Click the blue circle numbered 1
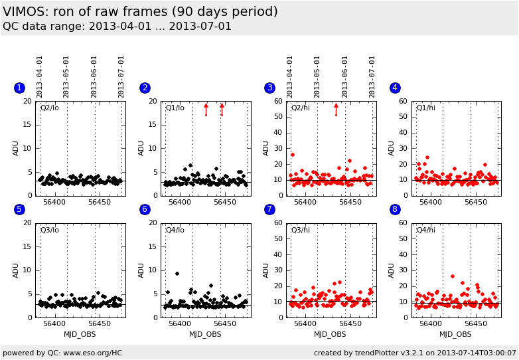[19, 88]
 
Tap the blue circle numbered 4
[395, 88]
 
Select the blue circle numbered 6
[145, 209]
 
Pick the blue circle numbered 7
[269, 209]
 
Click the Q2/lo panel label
[49, 108]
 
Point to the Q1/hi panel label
[425, 108]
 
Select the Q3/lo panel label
[49, 230]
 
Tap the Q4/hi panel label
[425, 230]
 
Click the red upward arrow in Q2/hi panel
[336, 109]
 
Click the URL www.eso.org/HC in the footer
[90, 353]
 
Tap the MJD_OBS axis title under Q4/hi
[456, 334]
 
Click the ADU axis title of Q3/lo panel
[16, 270]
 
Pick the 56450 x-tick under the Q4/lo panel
[225, 324]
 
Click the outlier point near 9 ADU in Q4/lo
[177, 273]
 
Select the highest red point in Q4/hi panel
[452, 276]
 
